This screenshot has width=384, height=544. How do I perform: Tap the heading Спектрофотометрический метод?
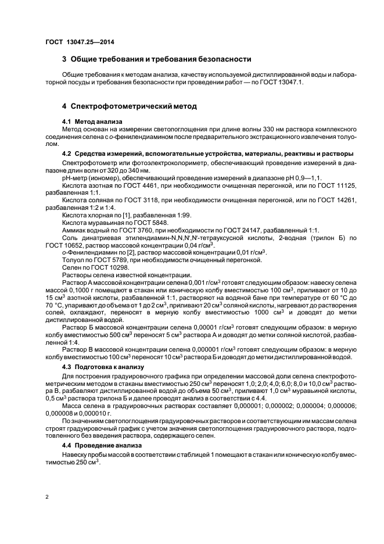(129, 106)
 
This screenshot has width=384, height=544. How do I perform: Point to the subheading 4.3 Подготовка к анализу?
(102, 367)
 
